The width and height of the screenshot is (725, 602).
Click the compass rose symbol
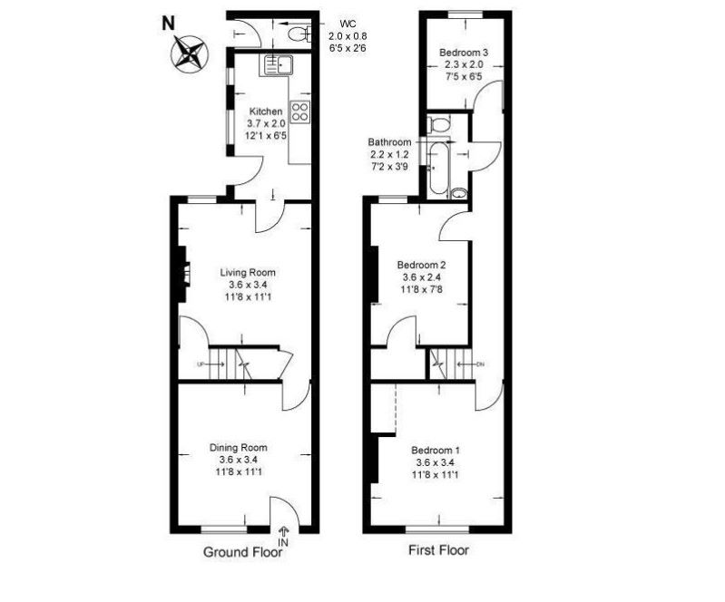190,53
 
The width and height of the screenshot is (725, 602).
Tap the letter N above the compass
168,24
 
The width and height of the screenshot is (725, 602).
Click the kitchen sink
278,65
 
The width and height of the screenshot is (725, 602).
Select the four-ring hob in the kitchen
299,112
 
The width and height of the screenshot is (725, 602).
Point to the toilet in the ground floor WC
299,34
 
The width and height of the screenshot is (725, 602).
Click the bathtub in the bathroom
438,168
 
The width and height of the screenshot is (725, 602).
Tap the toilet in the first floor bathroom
439,125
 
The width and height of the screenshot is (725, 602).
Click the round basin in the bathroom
458,193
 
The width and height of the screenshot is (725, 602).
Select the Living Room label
248,273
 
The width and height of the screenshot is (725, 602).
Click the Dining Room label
238,447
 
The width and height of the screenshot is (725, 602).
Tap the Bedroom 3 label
464,53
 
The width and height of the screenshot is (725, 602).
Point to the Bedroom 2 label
421,266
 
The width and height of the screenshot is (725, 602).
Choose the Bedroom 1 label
436,450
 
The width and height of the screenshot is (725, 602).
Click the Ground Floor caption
243,552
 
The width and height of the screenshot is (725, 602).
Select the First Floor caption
438,550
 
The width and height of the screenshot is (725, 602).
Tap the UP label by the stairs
201,364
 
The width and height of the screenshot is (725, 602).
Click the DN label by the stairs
480,364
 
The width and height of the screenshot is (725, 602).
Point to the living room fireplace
183,275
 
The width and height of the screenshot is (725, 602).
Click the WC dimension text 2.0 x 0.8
348,35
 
